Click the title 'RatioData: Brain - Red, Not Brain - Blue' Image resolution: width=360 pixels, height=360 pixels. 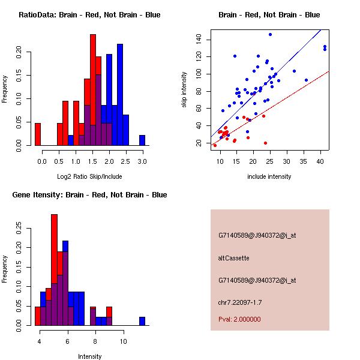89,15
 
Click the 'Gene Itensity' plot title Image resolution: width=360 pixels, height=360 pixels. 89,195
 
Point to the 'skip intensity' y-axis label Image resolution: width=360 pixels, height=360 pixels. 185,90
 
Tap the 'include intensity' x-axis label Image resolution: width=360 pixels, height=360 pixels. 269,176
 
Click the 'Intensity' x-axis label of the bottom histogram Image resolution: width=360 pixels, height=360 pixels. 89,356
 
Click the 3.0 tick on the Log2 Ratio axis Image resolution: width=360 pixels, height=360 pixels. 142,162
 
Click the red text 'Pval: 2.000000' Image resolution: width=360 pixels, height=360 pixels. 239,319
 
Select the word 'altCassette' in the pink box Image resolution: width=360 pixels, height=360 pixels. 233,258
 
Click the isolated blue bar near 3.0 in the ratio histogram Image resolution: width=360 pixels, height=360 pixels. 142,140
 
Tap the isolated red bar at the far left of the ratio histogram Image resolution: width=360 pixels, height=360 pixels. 38,134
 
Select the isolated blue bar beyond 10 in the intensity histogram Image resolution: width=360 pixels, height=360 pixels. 142,321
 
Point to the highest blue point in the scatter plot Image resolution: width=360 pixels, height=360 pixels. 271,34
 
